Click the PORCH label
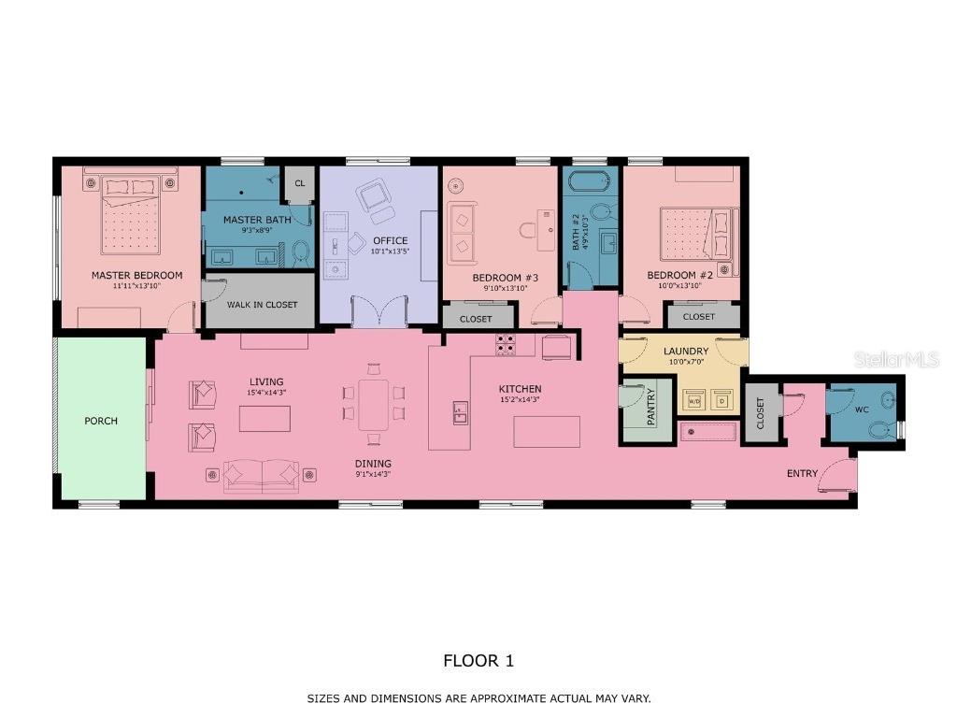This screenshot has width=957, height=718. tap(101, 421)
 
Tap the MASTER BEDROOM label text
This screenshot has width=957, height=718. tap(136, 276)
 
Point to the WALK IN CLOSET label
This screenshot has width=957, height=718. tap(263, 305)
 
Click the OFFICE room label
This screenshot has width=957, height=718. tap(390, 241)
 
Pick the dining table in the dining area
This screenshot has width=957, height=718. tap(375, 404)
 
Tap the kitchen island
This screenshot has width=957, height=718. tap(547, 431)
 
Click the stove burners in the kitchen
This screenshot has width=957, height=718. tap(506, 345)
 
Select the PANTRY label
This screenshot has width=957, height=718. tap(650, 407)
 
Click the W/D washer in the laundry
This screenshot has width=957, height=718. tap(694, 401)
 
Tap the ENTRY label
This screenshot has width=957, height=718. tap(802, 474)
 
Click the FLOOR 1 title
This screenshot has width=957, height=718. tap(478, 661)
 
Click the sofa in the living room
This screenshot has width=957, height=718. tap(263, 476)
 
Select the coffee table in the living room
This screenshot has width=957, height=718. tap(264, 418)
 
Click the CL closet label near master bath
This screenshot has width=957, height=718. tap(300, 183)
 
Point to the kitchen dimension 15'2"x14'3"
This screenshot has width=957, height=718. tap(520, 400)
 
